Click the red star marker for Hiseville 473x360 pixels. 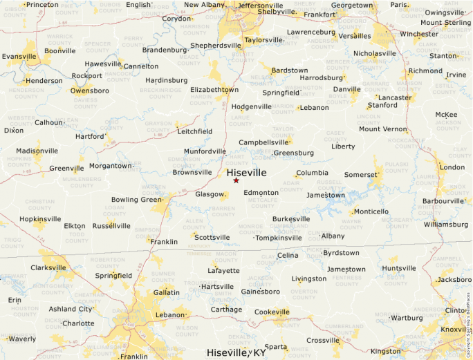[x=236, y=180]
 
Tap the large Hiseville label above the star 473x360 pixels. [x=246, y=172]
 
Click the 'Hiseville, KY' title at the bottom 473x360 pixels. [x=236, y=352]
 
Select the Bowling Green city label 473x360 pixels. [x=136, y=200]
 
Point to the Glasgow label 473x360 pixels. [x=210, y=194]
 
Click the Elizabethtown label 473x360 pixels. [x=214, y=90]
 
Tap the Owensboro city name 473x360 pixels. [x=91, y=91]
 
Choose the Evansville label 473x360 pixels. [x=19, y=56]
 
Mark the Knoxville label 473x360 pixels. [x=454, y=329]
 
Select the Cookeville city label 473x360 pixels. [x=272, y=312]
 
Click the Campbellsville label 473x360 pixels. [x=263, y=142]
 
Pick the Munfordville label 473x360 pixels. [x=205, y=151]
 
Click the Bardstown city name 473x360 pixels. [x=290, y=70]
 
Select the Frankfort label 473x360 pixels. [x=319, y=15]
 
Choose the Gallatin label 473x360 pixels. [x=166, y=293]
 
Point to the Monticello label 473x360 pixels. [x=371, y=211]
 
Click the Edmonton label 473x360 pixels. [x=261, y=192]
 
